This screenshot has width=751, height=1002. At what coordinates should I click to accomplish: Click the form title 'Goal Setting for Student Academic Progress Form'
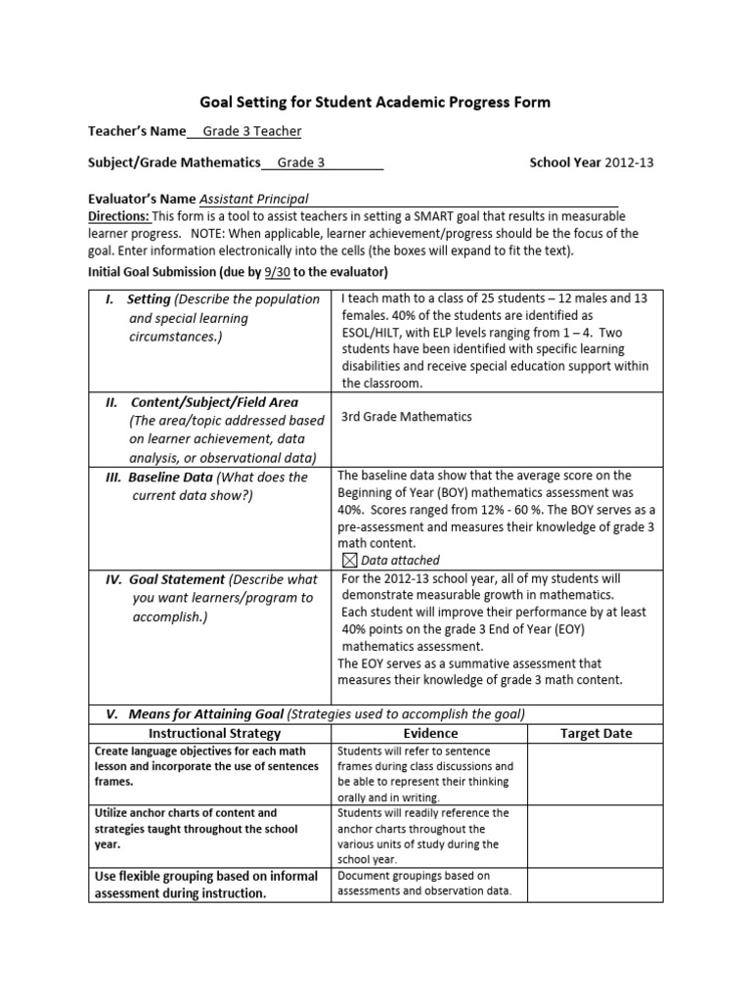375,101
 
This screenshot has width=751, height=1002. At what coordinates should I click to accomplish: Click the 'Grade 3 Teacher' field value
251,131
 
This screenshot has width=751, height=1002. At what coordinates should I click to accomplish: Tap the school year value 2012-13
630,162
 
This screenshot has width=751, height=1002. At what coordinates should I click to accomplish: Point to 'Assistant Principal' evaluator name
253,198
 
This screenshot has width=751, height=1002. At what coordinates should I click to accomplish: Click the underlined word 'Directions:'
119,215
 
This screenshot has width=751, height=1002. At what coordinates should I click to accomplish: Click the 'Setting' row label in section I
149,299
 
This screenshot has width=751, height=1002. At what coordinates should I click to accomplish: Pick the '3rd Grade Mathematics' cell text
406,417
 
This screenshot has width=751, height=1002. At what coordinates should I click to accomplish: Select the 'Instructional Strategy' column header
214,733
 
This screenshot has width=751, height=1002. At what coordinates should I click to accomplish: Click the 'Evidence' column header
430,733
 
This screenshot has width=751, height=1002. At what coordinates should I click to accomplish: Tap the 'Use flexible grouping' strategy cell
180,885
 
